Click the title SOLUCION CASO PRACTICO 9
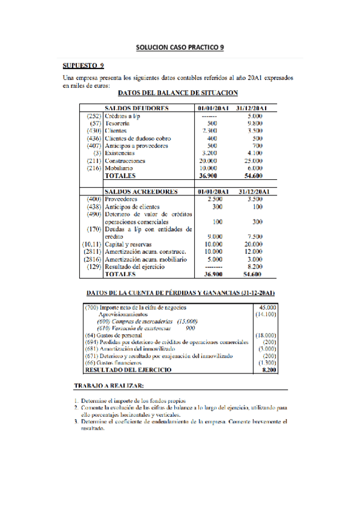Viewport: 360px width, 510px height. (180, 46)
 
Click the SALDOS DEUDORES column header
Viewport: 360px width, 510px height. (137, 108)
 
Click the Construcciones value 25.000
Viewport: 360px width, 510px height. (253, 161)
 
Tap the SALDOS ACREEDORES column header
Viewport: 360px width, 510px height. (141, 191)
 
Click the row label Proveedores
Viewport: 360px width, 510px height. (122, 199)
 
